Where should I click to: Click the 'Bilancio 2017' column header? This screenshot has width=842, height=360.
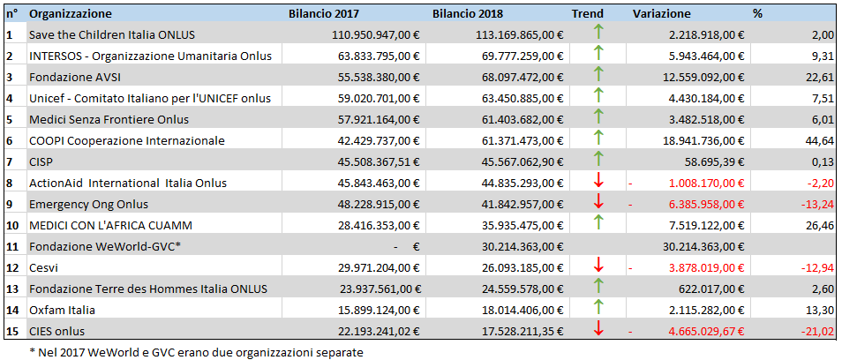click(324, 14)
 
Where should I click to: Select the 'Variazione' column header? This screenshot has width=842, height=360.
click(662, 14)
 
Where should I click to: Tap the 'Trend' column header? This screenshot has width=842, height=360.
click(588, 14)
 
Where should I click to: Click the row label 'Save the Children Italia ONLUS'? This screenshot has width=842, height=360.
click(112, 34)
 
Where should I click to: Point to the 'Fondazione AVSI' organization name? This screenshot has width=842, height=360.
click(72, 77)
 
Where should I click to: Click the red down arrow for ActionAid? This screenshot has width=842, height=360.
click(598, 182)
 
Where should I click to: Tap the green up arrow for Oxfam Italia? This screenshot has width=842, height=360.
click(598, 309)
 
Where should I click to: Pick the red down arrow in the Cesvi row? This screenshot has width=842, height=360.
click(598, 266)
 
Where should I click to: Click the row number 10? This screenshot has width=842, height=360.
click(12, 225)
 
